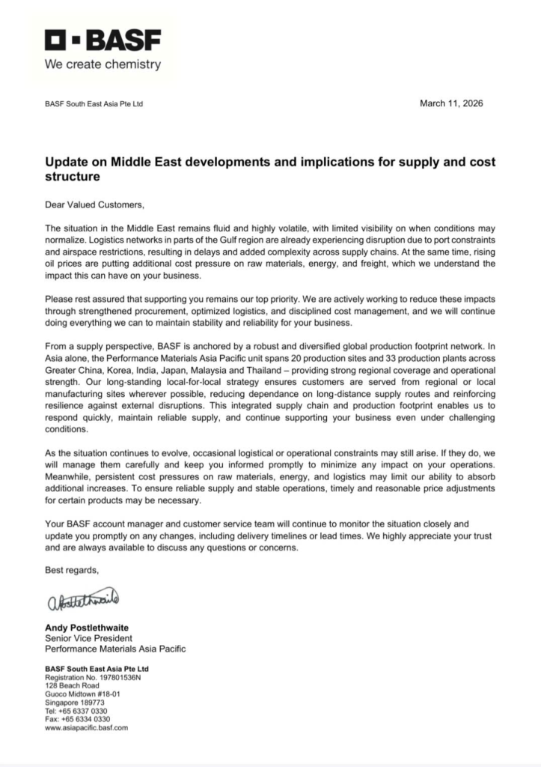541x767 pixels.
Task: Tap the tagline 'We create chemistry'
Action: (103, 64)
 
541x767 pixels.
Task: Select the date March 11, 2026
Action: (451, 103)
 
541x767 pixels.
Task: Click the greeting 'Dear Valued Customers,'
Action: (94, 204)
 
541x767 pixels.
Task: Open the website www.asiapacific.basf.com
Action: (87, 727)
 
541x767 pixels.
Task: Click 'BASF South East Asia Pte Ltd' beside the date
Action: (94, 104)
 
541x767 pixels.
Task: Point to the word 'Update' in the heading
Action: (67, 162)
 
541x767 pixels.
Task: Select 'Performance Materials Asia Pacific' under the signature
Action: (115, 649)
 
